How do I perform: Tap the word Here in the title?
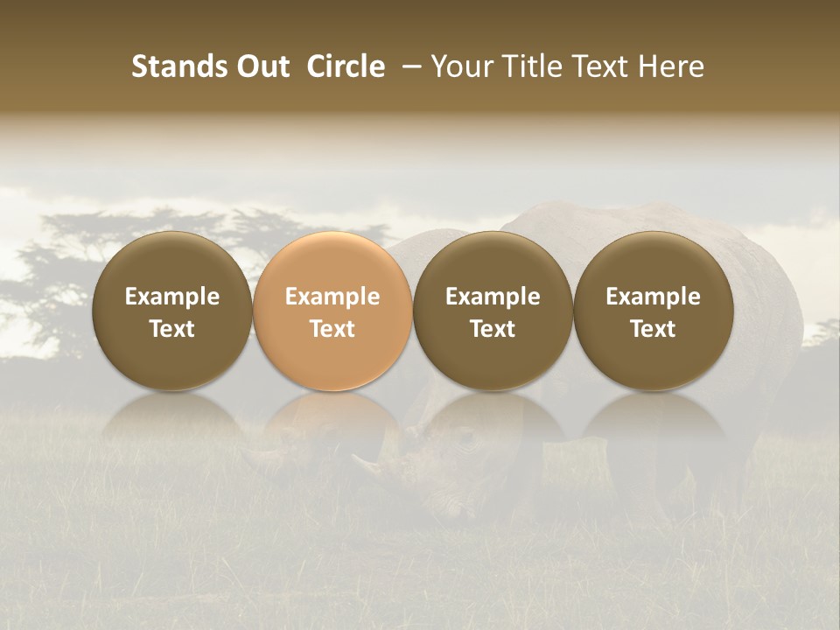point(670,66)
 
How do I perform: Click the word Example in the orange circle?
point(332,297)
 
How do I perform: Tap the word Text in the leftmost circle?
point(171,329)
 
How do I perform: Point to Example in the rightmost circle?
point(653,297)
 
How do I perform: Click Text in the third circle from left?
point(493,329)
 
